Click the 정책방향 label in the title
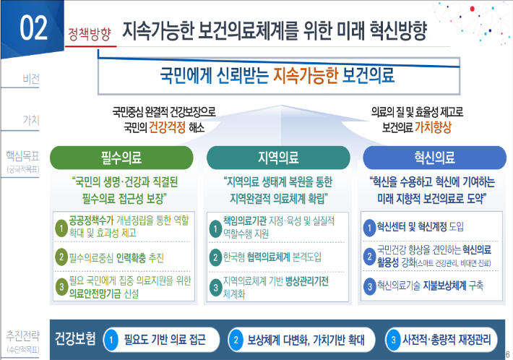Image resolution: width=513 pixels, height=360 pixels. (90, 33)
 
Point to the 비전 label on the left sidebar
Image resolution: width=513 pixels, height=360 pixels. (31, 78)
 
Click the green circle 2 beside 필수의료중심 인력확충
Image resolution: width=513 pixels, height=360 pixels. (62, 257)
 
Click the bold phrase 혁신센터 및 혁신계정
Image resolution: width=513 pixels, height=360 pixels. (411, 226)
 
